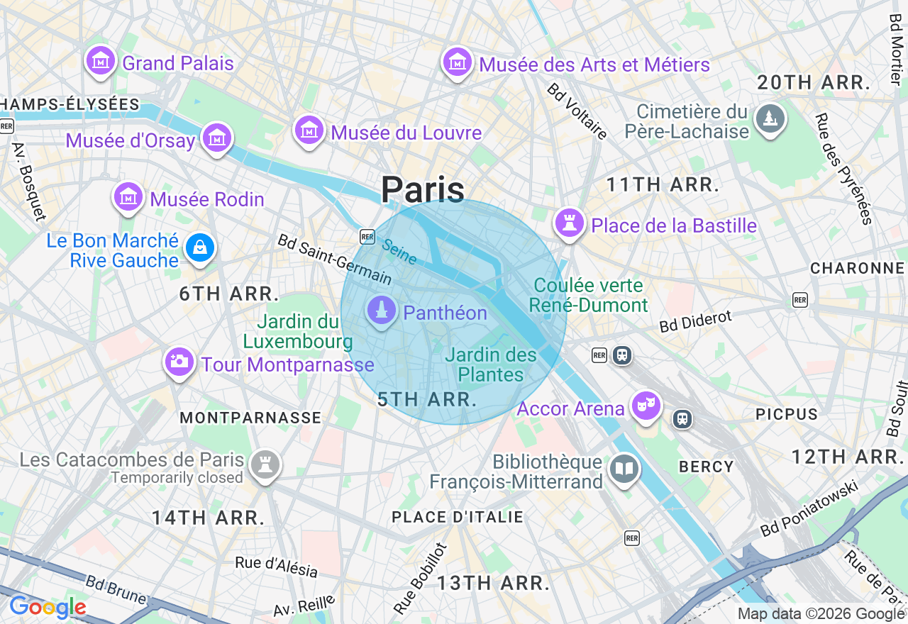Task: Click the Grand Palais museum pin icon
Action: (x=101, y=61)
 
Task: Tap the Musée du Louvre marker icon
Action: (x=309, y=130)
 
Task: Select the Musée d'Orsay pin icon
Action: (x=216, y=138)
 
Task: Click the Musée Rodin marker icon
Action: (x=128, y=197)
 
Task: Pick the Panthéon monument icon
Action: (x=382, y=311)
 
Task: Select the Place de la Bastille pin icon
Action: (x=569, y=223)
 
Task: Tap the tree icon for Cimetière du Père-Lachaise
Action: (x=770, y=118)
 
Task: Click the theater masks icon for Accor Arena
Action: (x=646, y=406)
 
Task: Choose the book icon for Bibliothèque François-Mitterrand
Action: (x=624, y=469)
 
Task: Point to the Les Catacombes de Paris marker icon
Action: (x=265, y=465)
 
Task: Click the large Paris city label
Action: (x=423, y=190)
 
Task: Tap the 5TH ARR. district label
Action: (x=427, y=399)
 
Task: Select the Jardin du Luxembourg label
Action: (x=298, y=332)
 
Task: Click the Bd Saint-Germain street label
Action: (x=333, y=260)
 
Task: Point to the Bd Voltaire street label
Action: (x=577, y=111)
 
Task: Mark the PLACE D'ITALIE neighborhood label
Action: (x=458, y=518)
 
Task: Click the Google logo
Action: (x=48, y=608)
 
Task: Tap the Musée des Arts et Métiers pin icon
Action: (x=458, y=63)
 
